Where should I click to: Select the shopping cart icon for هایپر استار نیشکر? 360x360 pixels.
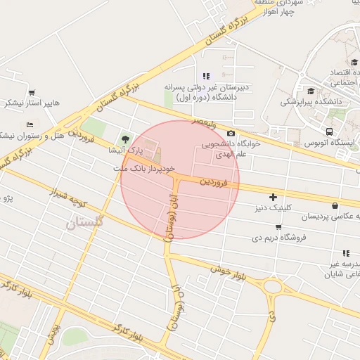coord(32,92)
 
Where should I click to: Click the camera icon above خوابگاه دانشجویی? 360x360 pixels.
coord(231,134)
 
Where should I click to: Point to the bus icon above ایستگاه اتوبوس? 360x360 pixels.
coord(330,131)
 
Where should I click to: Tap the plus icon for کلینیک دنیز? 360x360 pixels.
coord(273,198)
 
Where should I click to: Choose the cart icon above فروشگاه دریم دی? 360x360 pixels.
coord(278,227)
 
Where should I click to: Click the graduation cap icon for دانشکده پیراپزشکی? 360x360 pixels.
coord(311,91)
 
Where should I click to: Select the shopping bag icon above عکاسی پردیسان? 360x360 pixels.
coord(333,205)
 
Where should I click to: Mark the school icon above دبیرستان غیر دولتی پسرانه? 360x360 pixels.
coord(205,76)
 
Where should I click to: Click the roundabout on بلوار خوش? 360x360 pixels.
coord(272,287)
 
